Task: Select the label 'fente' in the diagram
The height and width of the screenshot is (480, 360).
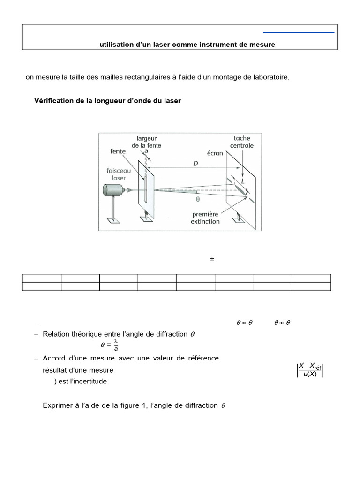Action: click(x=118, y=151)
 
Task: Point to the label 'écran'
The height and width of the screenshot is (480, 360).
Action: click(x=214, y=153)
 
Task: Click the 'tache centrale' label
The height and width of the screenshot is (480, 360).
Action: click(x=242, y=142)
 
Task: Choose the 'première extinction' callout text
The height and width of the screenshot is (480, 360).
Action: click(x=205, y=217)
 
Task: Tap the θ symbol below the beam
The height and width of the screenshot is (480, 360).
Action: click(x=198, y=198)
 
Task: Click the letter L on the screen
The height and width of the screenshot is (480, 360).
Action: click(x=243, y=180)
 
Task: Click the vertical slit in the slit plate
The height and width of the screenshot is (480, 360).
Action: click(x=146, y=187)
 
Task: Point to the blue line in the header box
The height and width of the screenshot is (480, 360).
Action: click(x=299, y=32)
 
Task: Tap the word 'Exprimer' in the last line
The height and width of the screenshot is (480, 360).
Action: click(x=57, y=405)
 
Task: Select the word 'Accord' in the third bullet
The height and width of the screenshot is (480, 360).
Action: click(x=54, y=358)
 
